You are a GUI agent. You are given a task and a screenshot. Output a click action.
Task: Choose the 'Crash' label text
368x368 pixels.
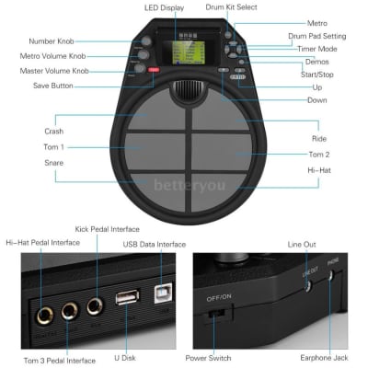tap(54, 132)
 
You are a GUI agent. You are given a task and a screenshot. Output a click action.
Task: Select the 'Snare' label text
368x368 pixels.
tap(54, 163)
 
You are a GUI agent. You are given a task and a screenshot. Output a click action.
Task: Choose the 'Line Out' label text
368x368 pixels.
tap(302, 244)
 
